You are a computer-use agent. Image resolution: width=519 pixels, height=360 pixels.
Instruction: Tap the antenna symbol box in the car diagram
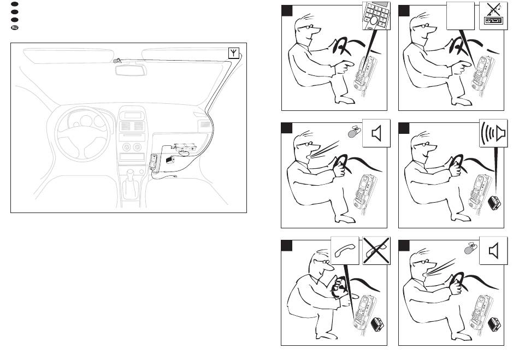click(233, 53)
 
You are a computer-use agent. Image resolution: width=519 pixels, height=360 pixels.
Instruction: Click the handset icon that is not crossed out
click(345, 251)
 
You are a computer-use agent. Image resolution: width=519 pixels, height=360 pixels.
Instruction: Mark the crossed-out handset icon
click(376, 251)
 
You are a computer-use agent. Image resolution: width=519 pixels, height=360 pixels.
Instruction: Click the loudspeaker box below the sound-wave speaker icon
click(495, 203)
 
